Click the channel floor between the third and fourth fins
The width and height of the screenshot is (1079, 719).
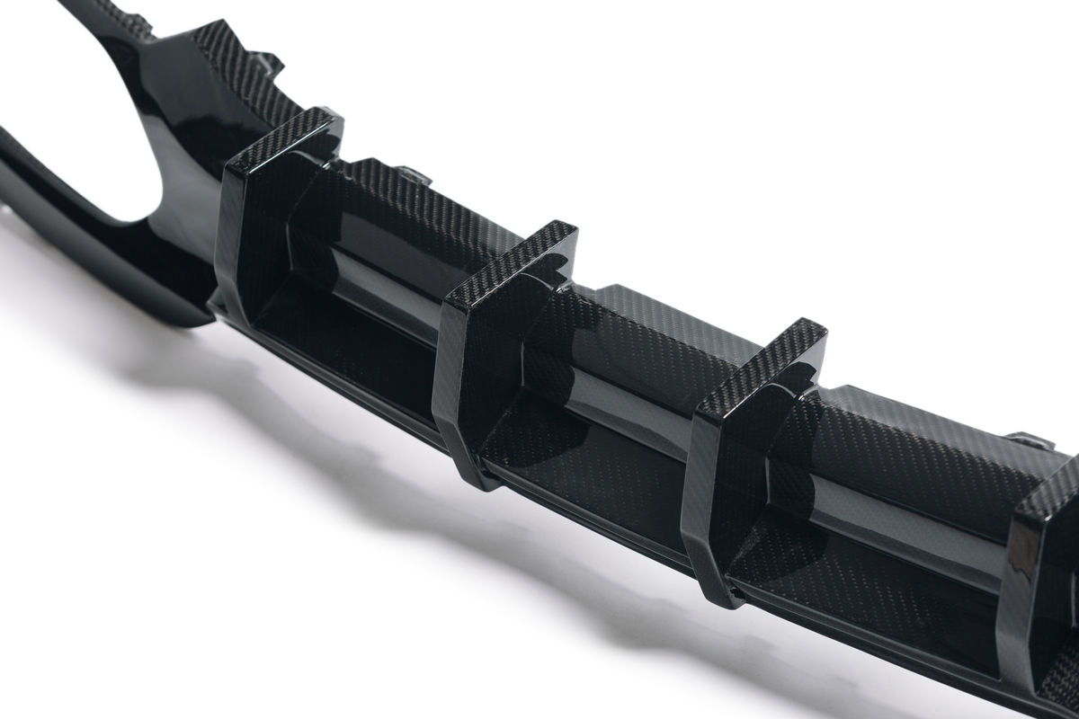[863, 575]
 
